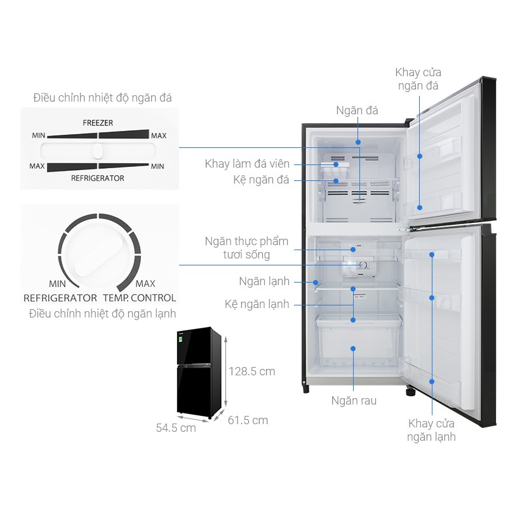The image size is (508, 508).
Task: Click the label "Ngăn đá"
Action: (357, 110)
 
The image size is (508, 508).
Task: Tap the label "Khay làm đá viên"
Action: (247, 164)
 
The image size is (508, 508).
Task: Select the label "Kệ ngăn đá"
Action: (261, 180)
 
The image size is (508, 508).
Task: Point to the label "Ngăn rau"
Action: (354, 401)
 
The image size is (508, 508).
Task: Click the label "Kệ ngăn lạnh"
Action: (257, 304)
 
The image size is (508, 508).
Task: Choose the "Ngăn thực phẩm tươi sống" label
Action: (246, 248)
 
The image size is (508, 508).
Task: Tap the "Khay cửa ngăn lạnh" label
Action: (432, 430)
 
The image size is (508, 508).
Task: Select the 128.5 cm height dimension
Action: (252, 371)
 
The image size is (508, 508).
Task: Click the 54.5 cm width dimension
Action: (176, 428)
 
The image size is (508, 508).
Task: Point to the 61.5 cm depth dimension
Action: (248, 420)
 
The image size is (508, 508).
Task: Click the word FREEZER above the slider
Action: (98, 121)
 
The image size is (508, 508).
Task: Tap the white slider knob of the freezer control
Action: (97, 151)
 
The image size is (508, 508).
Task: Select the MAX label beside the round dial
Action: (145, 283)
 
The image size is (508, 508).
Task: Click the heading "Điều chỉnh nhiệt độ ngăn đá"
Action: (102, 98)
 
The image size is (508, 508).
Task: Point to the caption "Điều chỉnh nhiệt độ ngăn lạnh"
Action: (102, 314)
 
